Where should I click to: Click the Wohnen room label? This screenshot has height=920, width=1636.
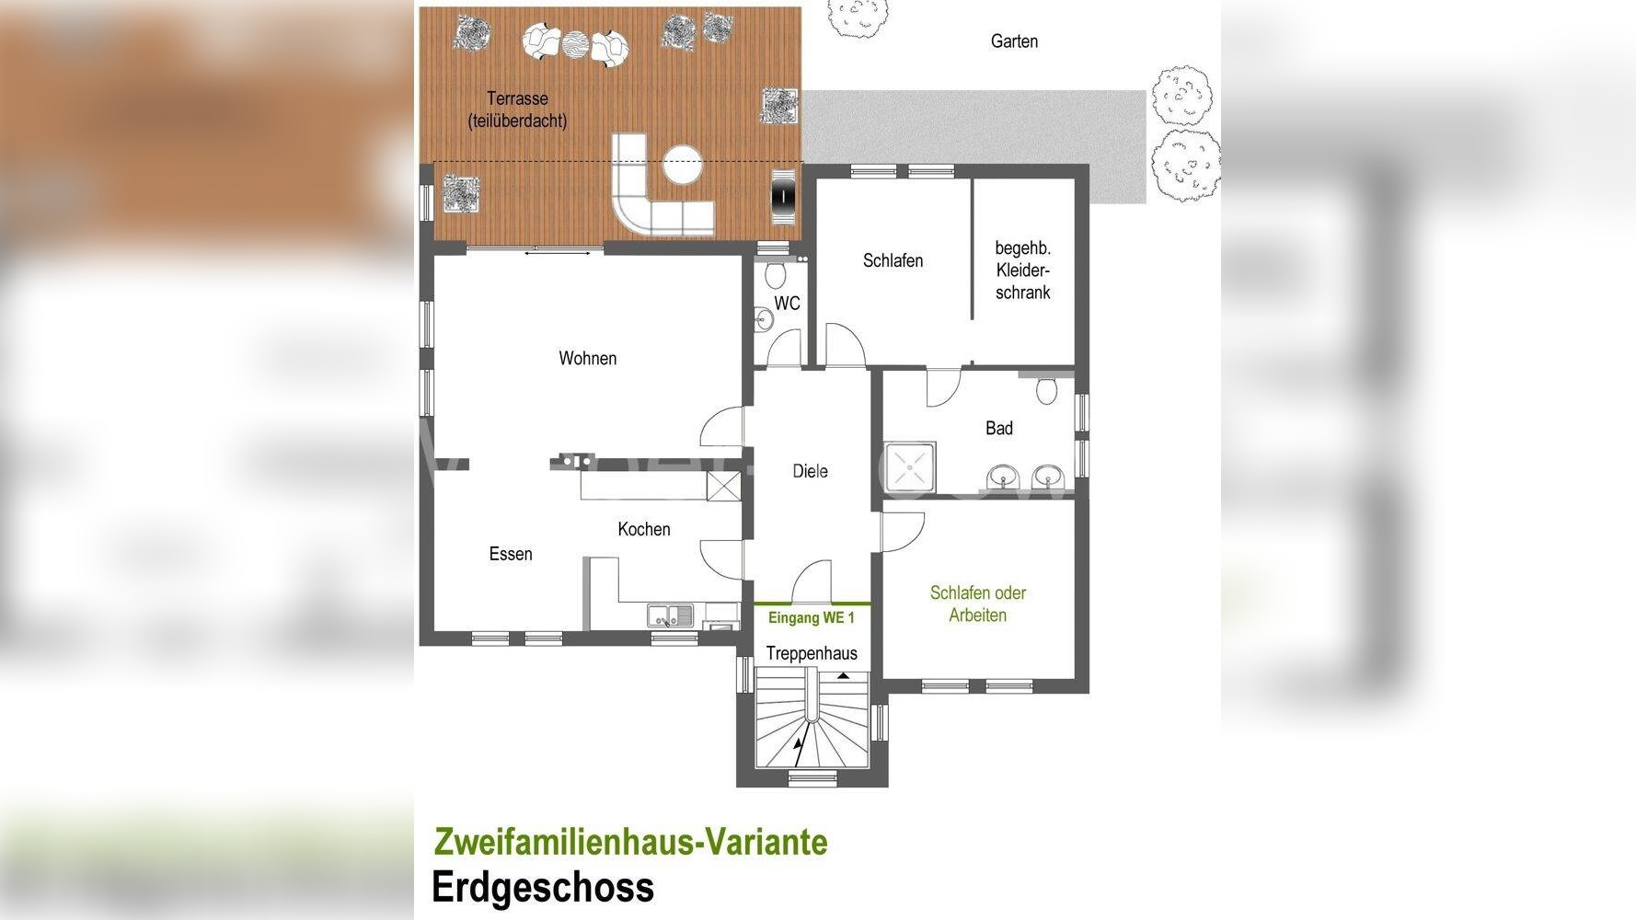pos(587,358)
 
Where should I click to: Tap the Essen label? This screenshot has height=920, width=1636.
pos(511,554)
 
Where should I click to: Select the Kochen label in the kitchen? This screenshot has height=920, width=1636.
pos(644,529)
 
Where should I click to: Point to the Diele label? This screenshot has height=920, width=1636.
pos(810,471)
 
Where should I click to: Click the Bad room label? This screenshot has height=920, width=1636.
pos(999,428)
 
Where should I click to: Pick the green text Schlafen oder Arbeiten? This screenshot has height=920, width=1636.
pos(978,604)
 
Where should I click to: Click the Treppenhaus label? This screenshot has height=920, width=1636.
pos(812,653)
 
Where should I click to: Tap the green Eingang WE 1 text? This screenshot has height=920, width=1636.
pos(812,617)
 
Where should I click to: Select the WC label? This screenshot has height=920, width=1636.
pos(787,304)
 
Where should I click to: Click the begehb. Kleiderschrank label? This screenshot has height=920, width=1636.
pos(1023,270)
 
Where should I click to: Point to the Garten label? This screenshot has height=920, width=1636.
pos(1014,41)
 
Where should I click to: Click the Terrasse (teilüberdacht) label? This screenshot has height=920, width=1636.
pos(517,109)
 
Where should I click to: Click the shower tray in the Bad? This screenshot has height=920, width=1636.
pos(910,469)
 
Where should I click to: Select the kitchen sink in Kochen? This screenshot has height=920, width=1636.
pos(671,615)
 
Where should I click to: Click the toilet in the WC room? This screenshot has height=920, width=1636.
pos(774,274)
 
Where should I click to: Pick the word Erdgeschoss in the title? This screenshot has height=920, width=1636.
pos(543,888)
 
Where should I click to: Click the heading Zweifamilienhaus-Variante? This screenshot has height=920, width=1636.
pos(630,842)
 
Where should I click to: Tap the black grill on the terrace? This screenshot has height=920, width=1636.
pos(782,195)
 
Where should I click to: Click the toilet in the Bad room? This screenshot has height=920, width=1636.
pos(1046,390)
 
